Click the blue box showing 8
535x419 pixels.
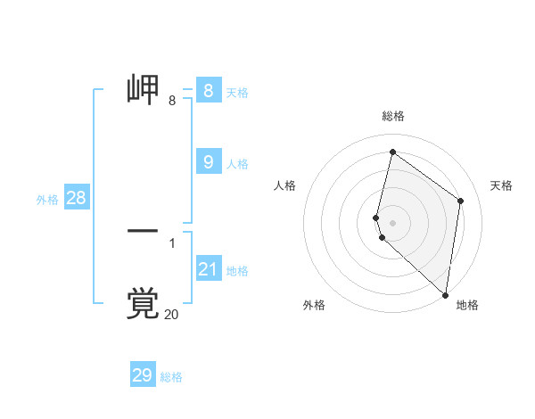[x=209, y=91]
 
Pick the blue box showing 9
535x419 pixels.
[x=209, y=162]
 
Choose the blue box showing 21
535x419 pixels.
[x=209, y=269]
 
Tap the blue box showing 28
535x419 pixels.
[x=76, y=198]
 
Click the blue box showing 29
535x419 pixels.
[x=143, y=375]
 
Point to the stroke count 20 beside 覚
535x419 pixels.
[x=171, y=315]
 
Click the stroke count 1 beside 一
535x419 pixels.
[x=172, y=242]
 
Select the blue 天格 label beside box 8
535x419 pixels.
[x=237, y=92]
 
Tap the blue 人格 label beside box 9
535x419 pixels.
[x=237, y=164]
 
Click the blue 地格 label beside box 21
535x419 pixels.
[x=237, y=271]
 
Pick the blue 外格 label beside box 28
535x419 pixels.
[x=47, y=200]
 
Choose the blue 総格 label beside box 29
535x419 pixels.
[x=171, y=377]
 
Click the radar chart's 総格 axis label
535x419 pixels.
[x=393, y=116]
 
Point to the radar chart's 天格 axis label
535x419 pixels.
[x=501, y=185]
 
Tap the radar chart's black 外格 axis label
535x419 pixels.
[x=314, y=305]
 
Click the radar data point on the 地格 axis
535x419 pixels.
[x=446, y=295]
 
